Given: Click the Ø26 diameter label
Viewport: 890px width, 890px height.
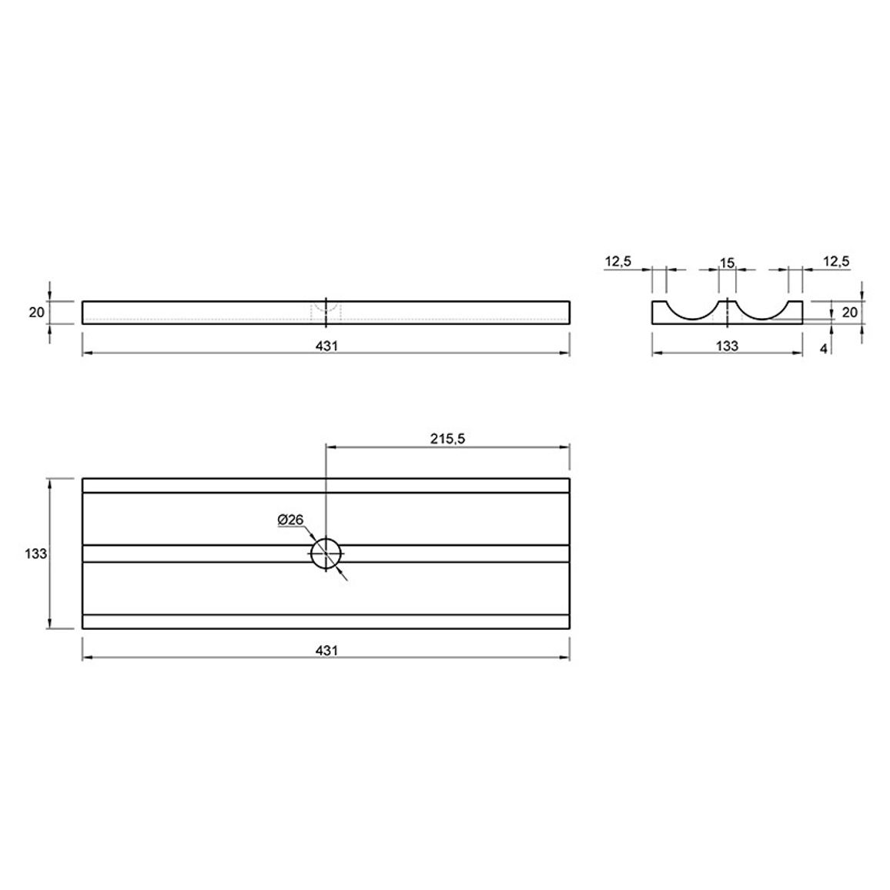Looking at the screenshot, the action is (290, 520).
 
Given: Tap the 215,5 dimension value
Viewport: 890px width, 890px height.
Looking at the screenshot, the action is (447, 438).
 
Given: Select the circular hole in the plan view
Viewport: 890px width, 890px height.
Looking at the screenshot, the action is (326, 554).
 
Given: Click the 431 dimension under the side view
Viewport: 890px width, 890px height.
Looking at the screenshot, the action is (326, 346).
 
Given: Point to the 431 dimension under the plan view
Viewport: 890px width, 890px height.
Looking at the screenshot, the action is (326, 650).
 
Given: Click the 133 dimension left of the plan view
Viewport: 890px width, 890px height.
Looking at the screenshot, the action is (35, 554).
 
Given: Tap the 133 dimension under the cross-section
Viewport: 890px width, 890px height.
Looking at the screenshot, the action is (727, 346).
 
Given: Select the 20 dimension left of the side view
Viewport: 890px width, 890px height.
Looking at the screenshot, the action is (36, 312).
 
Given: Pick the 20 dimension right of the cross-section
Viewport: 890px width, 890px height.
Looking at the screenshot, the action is (849, 312).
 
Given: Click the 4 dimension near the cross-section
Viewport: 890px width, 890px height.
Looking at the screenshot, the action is (824, 349).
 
